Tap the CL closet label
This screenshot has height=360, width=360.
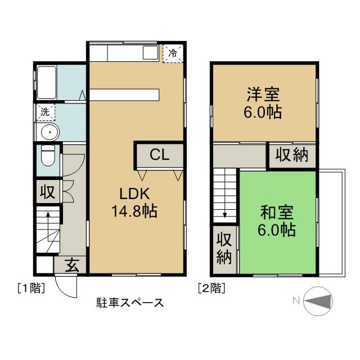[x=159, y=155]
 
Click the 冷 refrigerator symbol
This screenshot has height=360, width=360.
[x=173, y=54]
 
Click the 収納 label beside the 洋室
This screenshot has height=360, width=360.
[x=292, y=155]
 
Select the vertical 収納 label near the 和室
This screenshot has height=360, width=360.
[x=224, y=248]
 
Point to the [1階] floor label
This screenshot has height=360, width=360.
[x=30, y=289]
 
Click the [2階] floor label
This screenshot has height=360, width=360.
[x=211, y=289]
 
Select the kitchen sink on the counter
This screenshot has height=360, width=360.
[x=150, y=53]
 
